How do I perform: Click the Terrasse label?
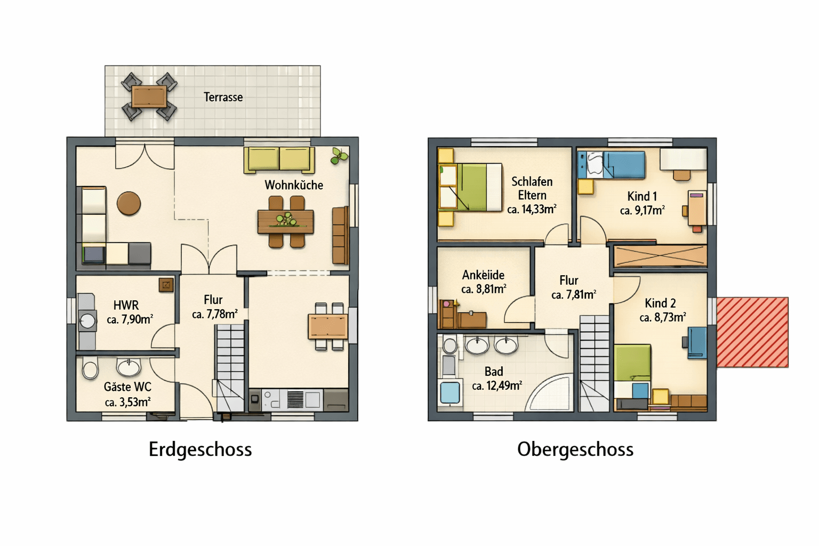tap(223, 97)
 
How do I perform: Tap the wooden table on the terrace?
tap(149, 97)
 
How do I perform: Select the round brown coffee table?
tap(129, 203)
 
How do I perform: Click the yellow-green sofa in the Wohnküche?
tap(279, 160)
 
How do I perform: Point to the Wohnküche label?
tap(294, 185)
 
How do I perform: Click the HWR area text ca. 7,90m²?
tap(130, 319)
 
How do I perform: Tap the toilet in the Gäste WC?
tap(90, 369)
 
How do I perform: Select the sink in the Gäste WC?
tap(129, 367)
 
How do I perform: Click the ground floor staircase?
tap(230, 368)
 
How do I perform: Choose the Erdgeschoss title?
tap(200, 449)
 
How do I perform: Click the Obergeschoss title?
tap(575, 449)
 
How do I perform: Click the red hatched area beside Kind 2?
tap(752, 332)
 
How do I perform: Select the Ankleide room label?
tap(483, 275)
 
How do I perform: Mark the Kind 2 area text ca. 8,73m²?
tap(662, 318)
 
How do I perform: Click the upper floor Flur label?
tap(568, 280)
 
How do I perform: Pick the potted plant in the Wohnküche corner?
tap(338, 156)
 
